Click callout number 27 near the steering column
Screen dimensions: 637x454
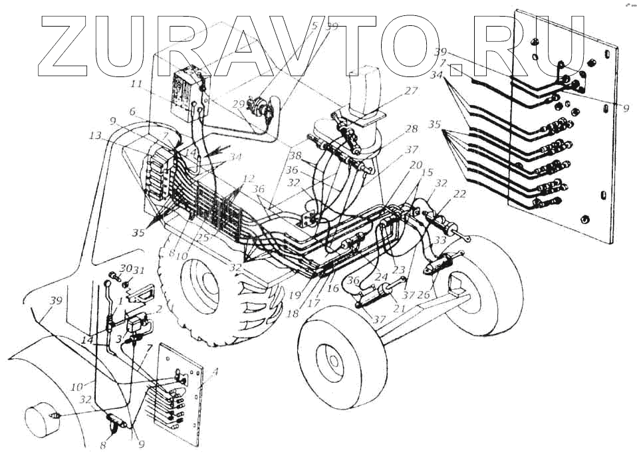(x=411, y=92)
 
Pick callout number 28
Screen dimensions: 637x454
(x=412, y=128)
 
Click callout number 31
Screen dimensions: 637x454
(x=139, y=270)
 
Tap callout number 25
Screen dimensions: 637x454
(x=202, y=237)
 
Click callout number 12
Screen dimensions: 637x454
(x=249, y=178)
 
